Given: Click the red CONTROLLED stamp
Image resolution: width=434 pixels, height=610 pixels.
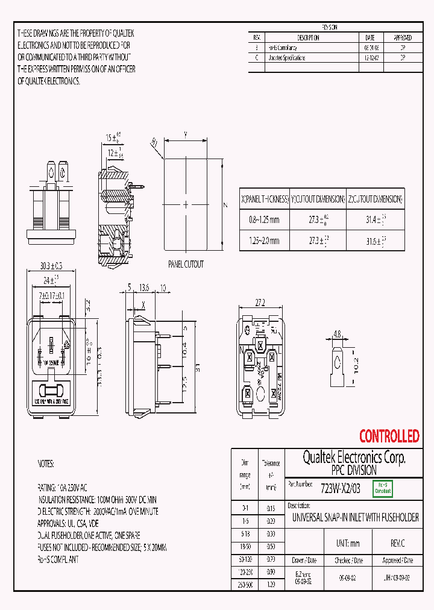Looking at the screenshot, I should (389, 435).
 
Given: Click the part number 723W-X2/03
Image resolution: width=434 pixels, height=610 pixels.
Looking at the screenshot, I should (341, 489).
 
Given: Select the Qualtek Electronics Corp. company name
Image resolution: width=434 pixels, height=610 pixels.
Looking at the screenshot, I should (354, 458).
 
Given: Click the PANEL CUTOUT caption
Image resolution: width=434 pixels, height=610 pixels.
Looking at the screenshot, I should (186, 264).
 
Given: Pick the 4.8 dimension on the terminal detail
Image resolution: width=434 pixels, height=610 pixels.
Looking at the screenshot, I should (337, 333).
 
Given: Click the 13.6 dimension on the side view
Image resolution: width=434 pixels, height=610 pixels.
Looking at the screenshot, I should (145, 288).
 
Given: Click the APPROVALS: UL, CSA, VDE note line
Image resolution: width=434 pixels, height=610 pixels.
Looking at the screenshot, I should (68, 523).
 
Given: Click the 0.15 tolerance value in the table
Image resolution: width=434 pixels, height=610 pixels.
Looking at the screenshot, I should (271, 509).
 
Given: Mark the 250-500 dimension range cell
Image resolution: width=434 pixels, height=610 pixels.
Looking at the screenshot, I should (245, 584).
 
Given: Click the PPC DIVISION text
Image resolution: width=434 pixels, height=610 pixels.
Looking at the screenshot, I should (354, 470).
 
